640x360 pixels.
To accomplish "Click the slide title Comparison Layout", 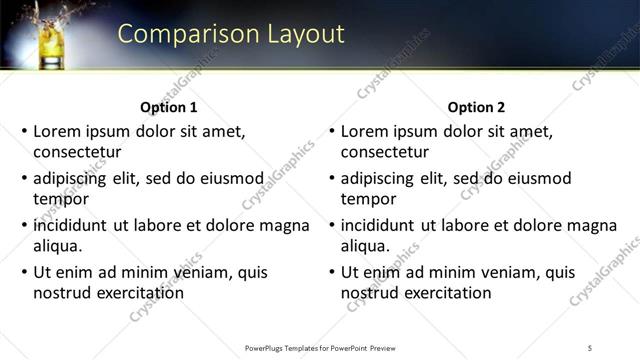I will pyautogui.click(x=231, y=34).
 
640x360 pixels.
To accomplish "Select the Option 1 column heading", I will pyautogui.click(x=170, y=107).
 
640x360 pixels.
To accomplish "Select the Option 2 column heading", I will pyautogui.click(x=477, y=107).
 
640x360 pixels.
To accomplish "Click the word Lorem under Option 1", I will pyautogui.click(x=57, y=131).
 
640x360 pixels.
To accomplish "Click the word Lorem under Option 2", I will pyautogui.click(x=364, y=131).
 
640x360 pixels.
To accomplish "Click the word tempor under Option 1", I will pyautogui.click(x=61, y=199).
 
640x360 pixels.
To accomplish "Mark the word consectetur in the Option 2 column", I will pyautogui.click(x=385, y=152).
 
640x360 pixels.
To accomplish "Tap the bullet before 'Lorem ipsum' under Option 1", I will pyautogui.click(x=25, y=131).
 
